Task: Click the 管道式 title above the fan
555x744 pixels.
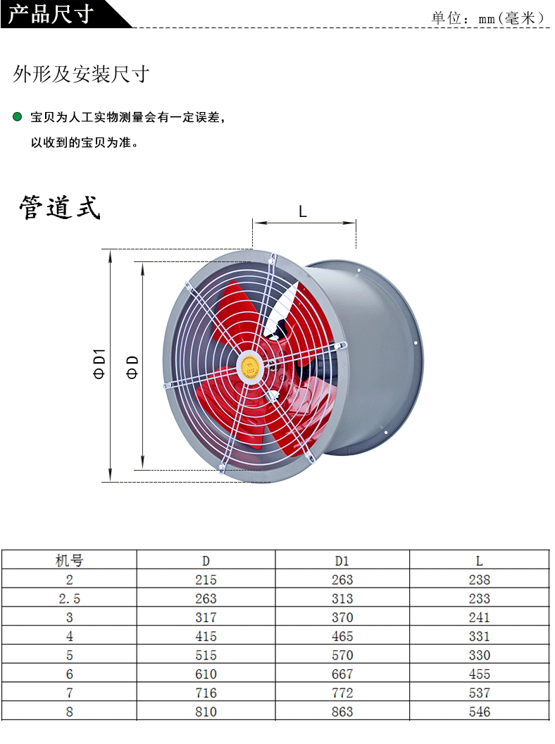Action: point(60,208)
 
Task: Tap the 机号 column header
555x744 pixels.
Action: point(69,561)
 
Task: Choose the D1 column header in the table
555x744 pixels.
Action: point(342,561)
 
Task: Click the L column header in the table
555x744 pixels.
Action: point(479,561)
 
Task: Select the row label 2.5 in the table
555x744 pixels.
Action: point(69,599)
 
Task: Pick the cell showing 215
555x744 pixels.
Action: point(206,580)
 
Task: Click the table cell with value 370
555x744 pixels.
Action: point(342,618)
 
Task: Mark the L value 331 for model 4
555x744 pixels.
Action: point(479,636)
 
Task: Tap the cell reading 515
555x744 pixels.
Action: point(206,655)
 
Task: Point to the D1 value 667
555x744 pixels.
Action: point(342,674)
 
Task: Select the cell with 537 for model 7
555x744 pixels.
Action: point(479,693)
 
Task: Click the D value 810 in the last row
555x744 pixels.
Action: point(206,712)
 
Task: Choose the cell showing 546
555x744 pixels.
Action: point(479,712)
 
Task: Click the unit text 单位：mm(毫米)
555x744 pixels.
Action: point(488,18)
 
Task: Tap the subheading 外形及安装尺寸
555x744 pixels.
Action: point(81,75)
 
